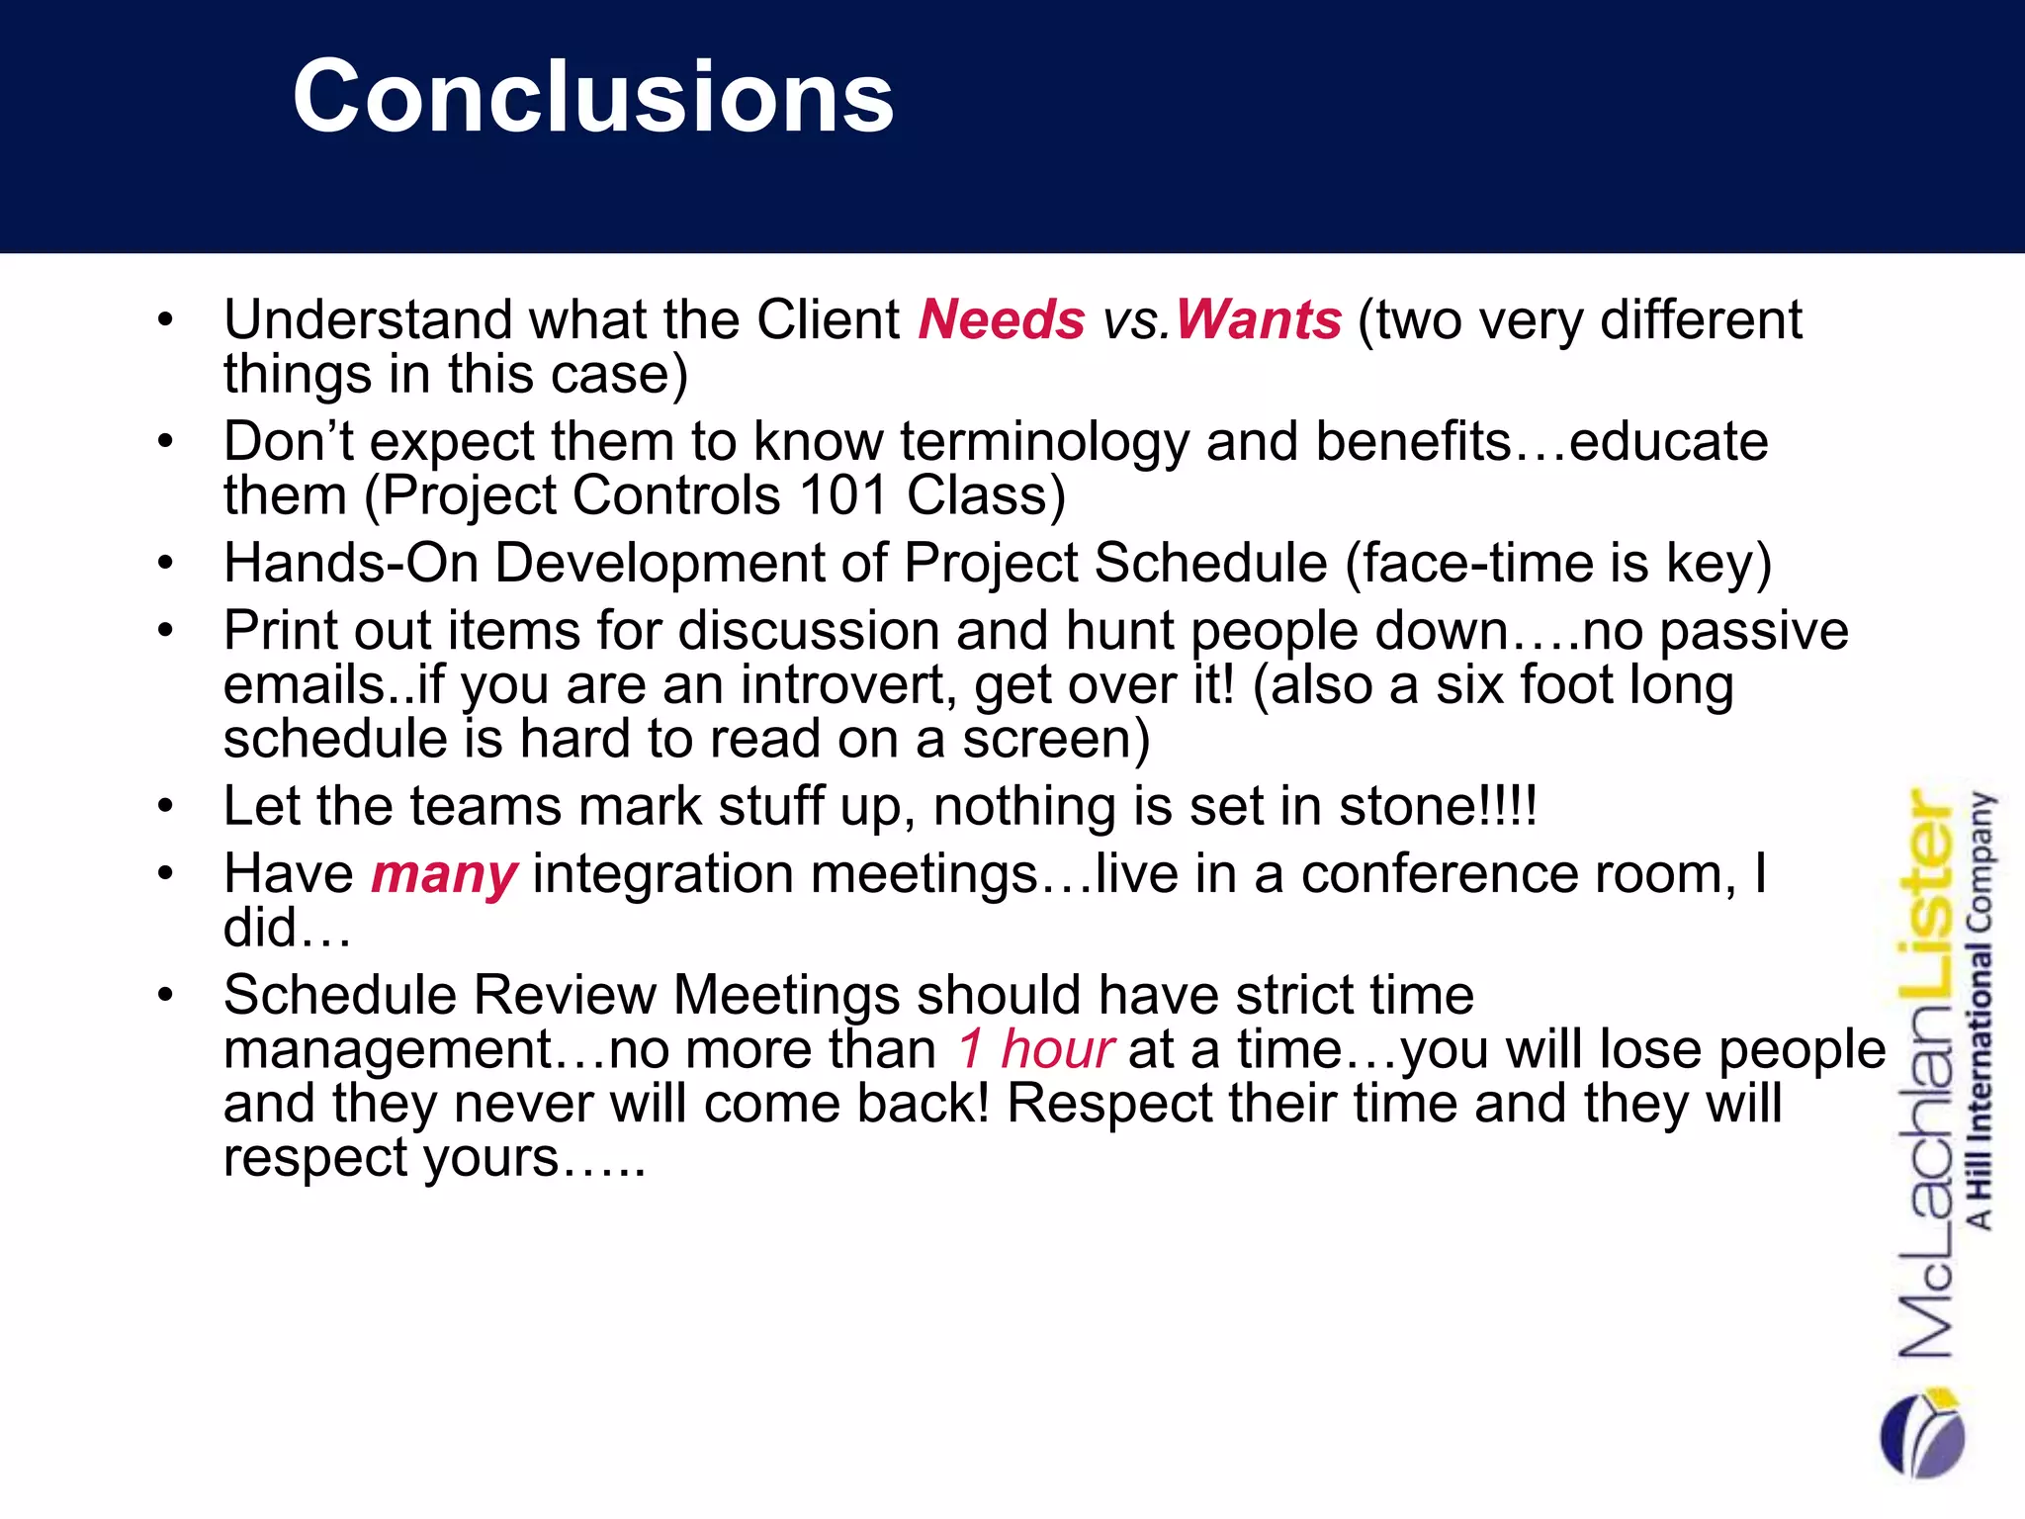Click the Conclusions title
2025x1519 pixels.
pyautogui.click(x=593, y=96)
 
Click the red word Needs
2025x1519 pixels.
pyautogui.click(x=1001, y=320)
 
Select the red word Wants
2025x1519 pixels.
pyautogui.click(x=1258, y=320)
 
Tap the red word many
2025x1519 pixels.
pyautogui.click(x=444, y=875)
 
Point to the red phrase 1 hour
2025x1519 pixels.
pyautogui.click(x=1035, y=1049)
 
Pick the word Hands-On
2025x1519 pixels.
pyautogui.click(x=351, y=563)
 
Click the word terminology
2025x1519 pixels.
pyautogui.click(x=1044, y=442)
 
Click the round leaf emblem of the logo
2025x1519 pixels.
pyautogui.click(x=1922, y=1434)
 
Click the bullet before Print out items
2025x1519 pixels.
pyautogui.click(x=165, y=630)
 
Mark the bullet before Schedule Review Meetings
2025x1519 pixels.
pyautogui.click(x=165, y=994)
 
